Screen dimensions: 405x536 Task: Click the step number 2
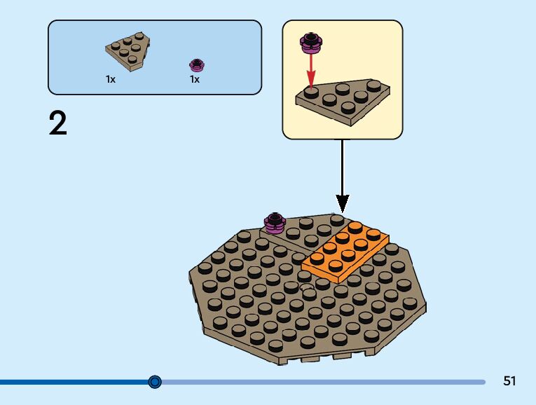point(58,124)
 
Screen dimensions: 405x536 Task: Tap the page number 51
point(509,381)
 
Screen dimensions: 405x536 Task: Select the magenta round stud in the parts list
point(197,65)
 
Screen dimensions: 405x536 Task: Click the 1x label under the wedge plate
point(111,80)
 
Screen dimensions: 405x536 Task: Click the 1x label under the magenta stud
point(195,80)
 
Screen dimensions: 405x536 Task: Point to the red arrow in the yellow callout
point(309,70)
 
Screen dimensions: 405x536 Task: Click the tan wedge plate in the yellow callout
point(343,102)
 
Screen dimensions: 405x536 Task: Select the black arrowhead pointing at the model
point(342,204)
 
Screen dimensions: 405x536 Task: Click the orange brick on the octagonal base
point(345,251)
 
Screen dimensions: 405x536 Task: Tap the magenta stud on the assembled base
point(274,222)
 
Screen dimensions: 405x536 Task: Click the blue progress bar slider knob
point(155,382)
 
